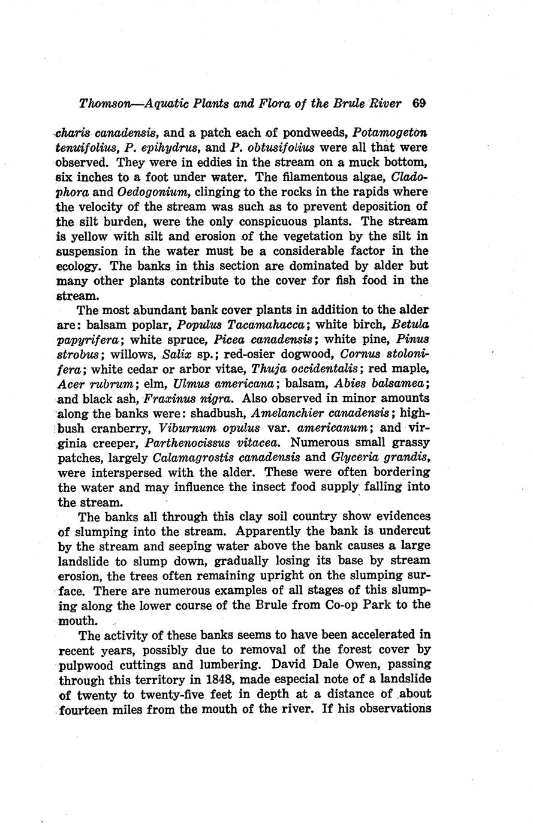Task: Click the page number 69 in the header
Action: pos(419,103)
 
